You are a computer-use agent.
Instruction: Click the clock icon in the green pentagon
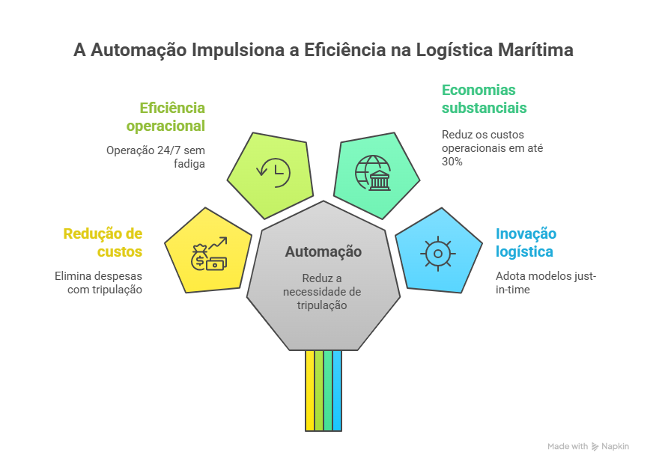tap(273, 173)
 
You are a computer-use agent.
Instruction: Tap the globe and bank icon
tap(373, 173)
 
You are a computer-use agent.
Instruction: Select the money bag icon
tap(200, 257)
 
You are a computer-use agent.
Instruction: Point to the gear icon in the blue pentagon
tap(438, 254)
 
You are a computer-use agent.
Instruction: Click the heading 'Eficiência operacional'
tap(165, 117)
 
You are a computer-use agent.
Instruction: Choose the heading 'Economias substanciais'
tap(484, 99)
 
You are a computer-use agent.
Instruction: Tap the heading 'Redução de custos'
tap(103, 242)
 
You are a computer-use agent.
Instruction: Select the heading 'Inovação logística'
tap(526, 242)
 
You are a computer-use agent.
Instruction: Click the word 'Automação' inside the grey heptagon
tap(323, 251)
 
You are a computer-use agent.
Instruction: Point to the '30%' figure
tap(452, 162)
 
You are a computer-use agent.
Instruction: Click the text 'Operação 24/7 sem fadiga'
tap(156, 156)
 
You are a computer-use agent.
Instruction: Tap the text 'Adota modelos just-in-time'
tap(546, 283)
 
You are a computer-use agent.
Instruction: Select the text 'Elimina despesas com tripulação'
tap(99, 283)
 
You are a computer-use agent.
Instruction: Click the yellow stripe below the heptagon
tap(310, 391)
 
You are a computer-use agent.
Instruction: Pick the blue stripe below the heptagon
tap(337, 391)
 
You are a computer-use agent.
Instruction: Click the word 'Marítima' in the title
tap(535, 50)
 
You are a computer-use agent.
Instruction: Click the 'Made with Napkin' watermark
tap(588, 446)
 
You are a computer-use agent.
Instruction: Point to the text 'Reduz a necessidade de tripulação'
tap(322, 292)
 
